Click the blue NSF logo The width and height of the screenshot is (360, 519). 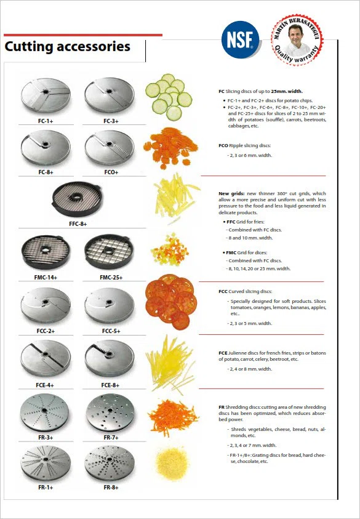pos(240,40)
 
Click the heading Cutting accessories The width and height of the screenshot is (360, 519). pos(68,47)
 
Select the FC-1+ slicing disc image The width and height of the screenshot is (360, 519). pos(46,95)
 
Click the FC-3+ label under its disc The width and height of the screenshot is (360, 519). pos(111,121)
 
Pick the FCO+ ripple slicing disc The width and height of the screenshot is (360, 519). pos(110,147)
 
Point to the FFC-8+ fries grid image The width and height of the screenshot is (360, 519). pos(77,199)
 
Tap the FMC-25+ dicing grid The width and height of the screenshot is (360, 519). pos(109,252)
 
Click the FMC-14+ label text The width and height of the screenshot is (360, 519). pos(46,278)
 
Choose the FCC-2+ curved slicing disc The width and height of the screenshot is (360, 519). pos(46,305)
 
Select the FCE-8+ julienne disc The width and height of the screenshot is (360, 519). pos(110,358)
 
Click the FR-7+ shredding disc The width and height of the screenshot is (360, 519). pos(110,412)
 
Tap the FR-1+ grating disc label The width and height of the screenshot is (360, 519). pos(46,488)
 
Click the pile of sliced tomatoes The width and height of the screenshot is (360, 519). pos(171,302)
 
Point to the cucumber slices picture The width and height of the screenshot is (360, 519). pos(169,97)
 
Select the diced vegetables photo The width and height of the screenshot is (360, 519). pos(169,249)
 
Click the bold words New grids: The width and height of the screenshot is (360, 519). pos(231,193)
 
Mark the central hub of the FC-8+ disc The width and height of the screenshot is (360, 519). pos(46,145)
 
